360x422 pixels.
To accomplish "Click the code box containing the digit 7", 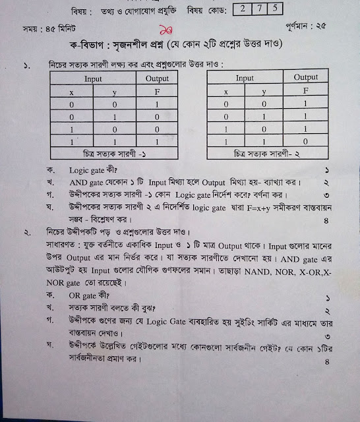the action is coord(258,9).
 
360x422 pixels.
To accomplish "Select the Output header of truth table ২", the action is coord(305,78).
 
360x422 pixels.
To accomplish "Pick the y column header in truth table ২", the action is coord(264,92).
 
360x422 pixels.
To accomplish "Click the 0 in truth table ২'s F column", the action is coord(305,140).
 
